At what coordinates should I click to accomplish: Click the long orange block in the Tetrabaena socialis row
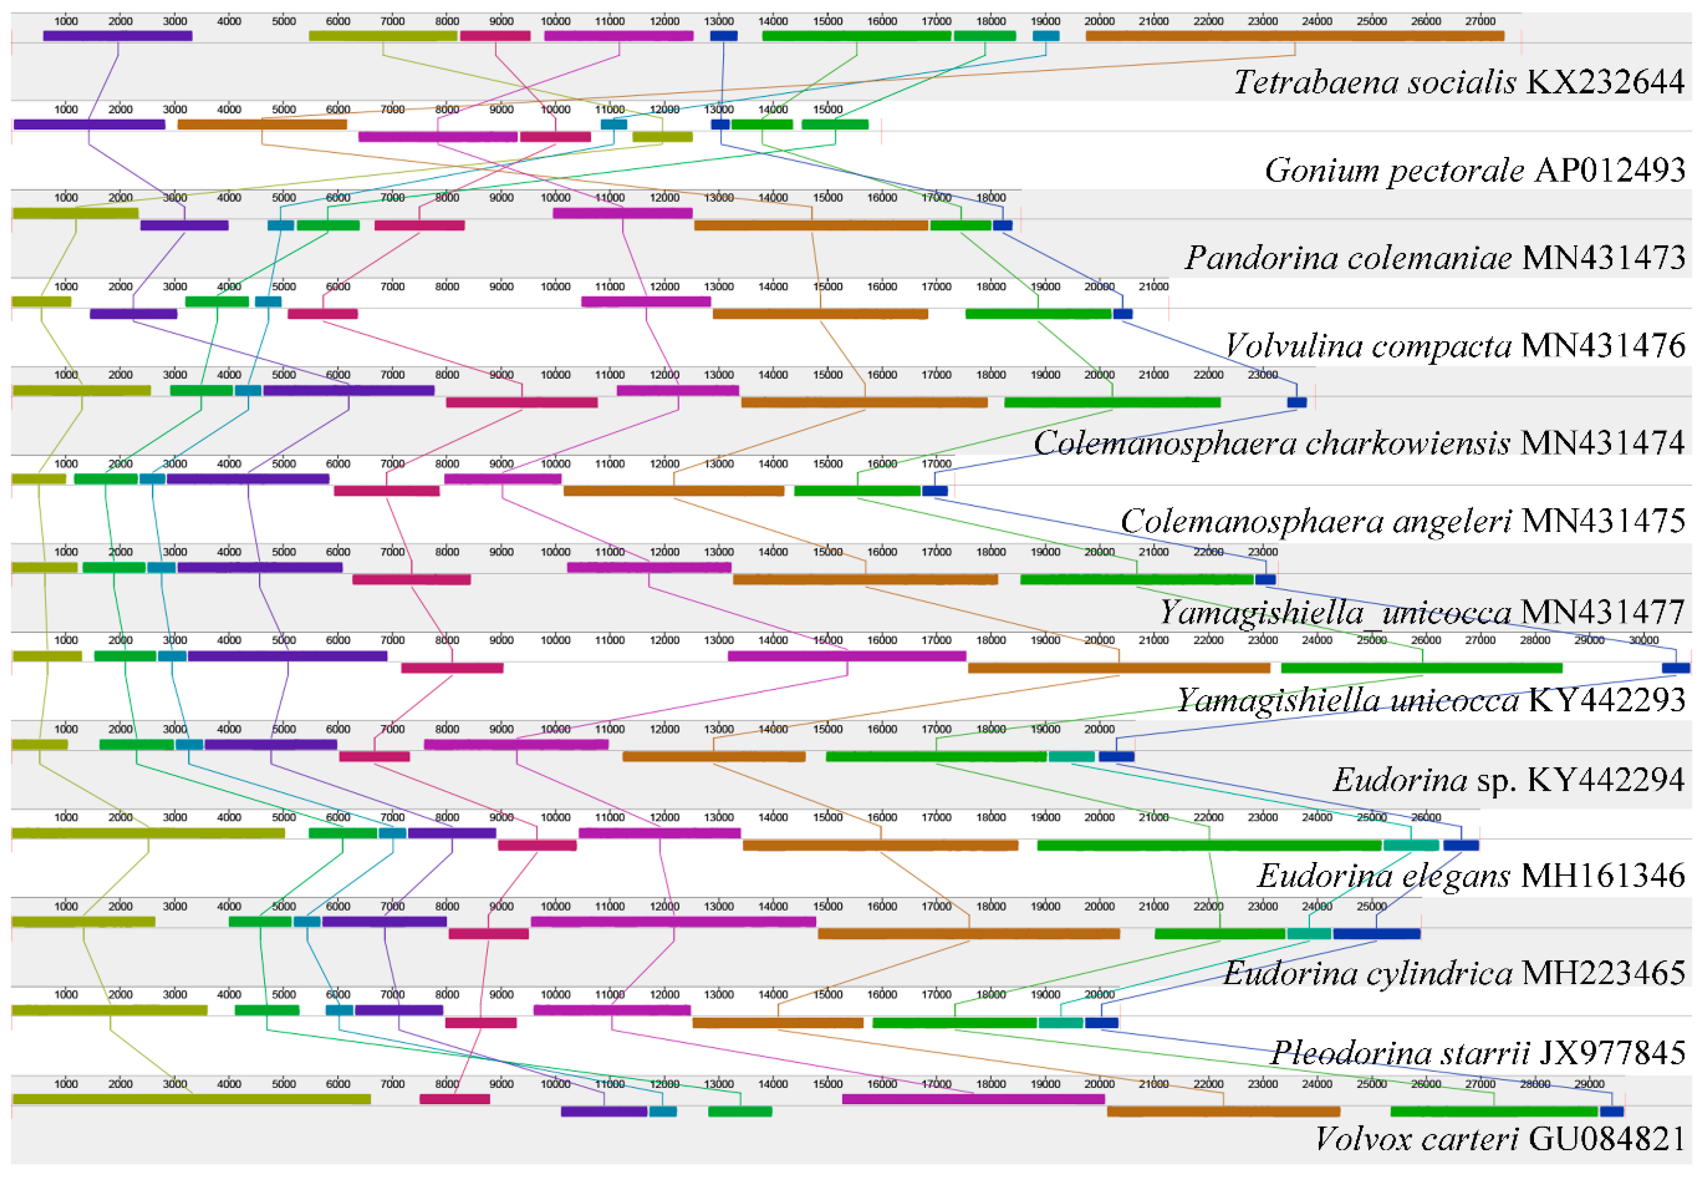(1294, 36)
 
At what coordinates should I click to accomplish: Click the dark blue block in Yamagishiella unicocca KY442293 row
(1675, 669)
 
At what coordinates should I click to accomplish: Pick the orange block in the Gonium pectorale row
(262, 124)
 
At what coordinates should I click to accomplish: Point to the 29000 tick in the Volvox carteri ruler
(1589, 1084)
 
